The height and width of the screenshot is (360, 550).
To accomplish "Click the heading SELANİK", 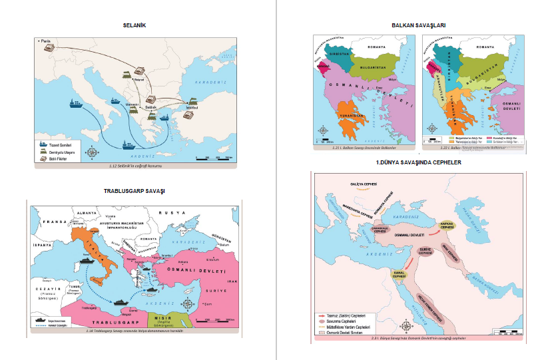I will tap(134, 25).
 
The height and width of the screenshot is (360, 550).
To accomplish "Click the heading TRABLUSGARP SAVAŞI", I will tap(134, 191).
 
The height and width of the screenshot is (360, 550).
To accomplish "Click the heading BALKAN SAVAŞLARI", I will tap(419, 25).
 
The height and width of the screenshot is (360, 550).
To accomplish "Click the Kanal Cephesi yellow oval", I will tap(399, 273).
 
